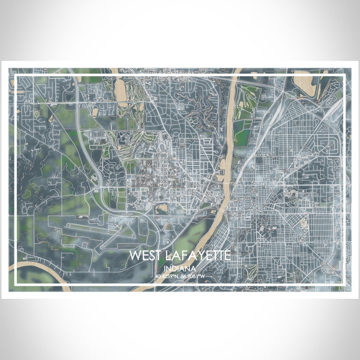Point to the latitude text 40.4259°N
coord(167,277)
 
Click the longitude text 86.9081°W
coord(193,277)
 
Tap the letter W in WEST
coord(134,256)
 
